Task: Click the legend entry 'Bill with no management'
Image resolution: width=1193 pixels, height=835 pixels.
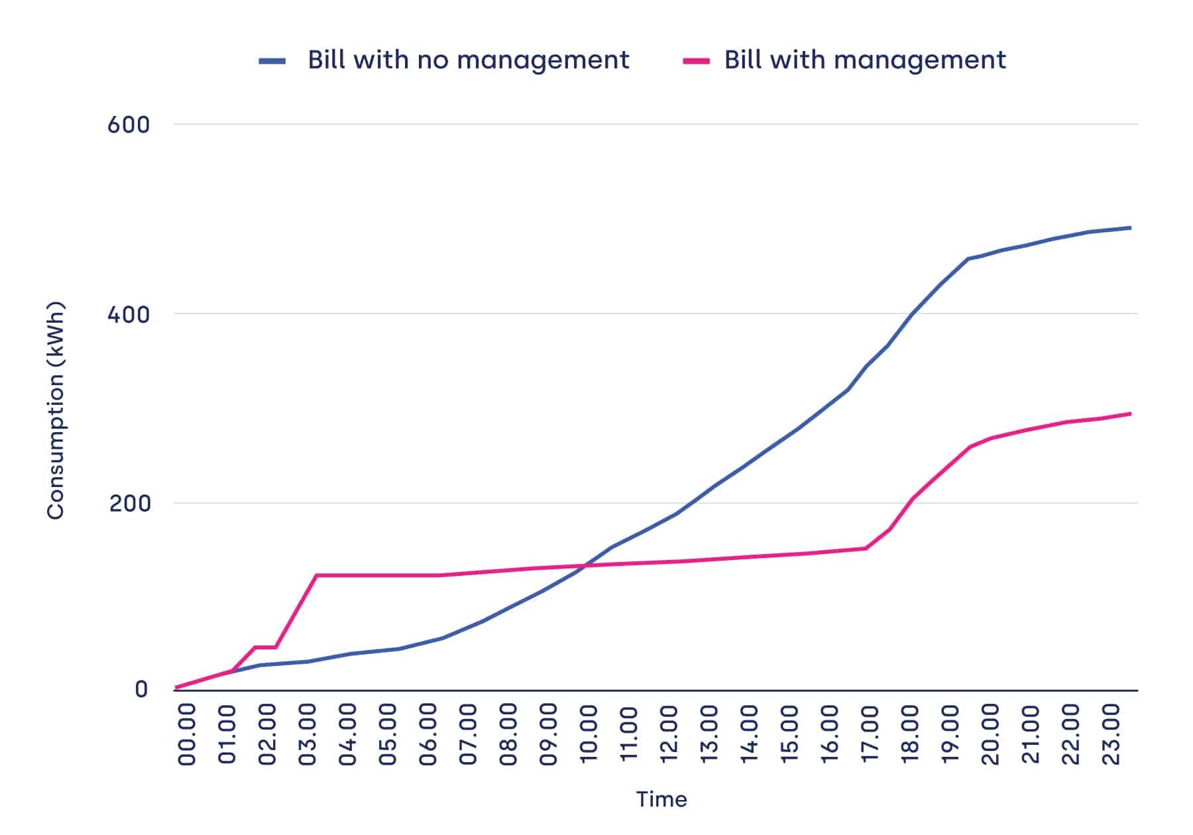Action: [468, 60]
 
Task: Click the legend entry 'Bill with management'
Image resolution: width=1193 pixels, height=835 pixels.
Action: [864, 60]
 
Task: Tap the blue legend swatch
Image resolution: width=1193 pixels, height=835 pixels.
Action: [272, 61]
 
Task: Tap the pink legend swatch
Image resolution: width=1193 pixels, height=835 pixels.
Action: [696, 61]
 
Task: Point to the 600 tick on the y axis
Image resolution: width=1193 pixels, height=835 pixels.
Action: [129, 125]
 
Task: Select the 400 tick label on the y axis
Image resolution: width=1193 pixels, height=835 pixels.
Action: [129, 314]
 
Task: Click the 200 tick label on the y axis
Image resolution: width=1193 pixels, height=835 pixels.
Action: [130, 504]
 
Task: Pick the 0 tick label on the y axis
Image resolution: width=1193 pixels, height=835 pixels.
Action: [141, 690]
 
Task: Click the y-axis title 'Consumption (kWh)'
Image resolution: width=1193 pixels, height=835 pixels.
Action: [56, 410]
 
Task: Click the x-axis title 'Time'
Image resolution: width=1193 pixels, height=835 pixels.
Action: [661, 799]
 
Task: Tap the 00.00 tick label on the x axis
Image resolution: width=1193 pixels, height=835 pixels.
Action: [188, 734]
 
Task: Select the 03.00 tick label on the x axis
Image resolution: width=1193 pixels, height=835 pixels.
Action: [308, 734]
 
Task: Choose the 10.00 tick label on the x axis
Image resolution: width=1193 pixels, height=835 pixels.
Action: [589, 734]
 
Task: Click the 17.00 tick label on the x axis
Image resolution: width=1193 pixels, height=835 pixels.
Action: [870, 734]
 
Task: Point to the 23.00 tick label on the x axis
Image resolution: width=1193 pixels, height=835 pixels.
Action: [1110, 734]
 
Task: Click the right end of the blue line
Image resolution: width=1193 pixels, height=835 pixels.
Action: [1130, 228]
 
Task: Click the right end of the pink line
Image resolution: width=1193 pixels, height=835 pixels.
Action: [1130, 414]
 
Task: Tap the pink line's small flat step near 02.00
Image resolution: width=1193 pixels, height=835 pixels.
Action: [265, 647]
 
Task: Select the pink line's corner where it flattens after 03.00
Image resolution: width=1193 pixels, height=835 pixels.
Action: [316, 575]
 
